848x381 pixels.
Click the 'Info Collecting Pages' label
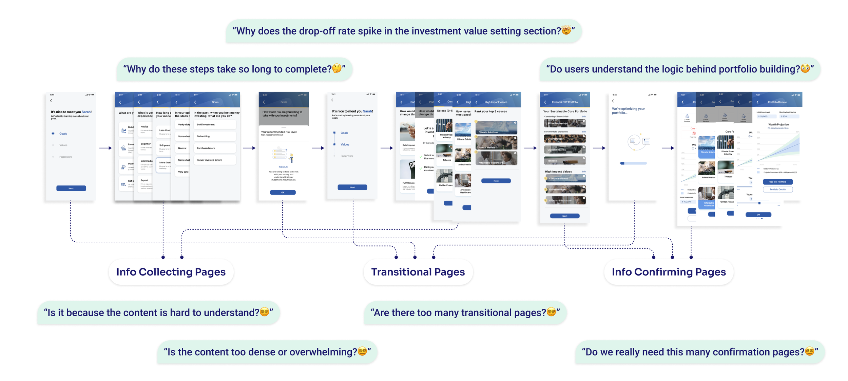[x=171, y=272]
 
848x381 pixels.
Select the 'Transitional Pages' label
[x=418, y=272]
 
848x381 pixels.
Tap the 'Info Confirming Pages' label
[x=668, y=272]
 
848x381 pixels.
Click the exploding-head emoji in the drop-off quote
[x=566, y=30]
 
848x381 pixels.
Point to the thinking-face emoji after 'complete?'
[x=336, y=68]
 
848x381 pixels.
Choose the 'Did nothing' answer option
[x=214, y=136]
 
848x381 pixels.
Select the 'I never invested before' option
[x=214, y=160]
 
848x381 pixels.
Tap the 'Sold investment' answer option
[x=214, y=124]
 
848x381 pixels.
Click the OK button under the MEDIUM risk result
[x=283, y=193]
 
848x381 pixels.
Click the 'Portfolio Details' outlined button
[x=777, y=189]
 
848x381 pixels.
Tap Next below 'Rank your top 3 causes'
[x=496, y=181]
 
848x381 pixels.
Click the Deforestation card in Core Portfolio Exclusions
[x=564, y=139]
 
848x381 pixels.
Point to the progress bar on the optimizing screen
[x=633, y=163]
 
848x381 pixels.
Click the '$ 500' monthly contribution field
[x=789, y=116]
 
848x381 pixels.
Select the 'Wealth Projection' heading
[x=778, y=124]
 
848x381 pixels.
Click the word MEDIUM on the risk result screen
[x=283, y=167]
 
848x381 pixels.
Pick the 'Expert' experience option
[x=145, y=180]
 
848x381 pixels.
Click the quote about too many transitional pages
[x=465, y=313]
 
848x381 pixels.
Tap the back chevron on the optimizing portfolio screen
[x=613, y=101]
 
